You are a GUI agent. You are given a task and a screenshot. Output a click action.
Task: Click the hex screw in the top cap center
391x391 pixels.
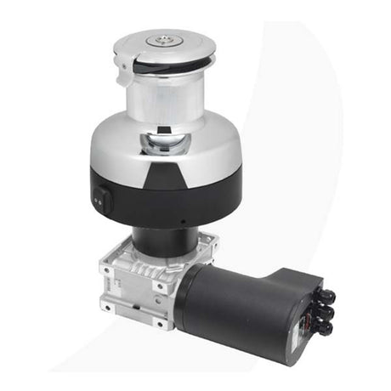coord(161,38)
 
